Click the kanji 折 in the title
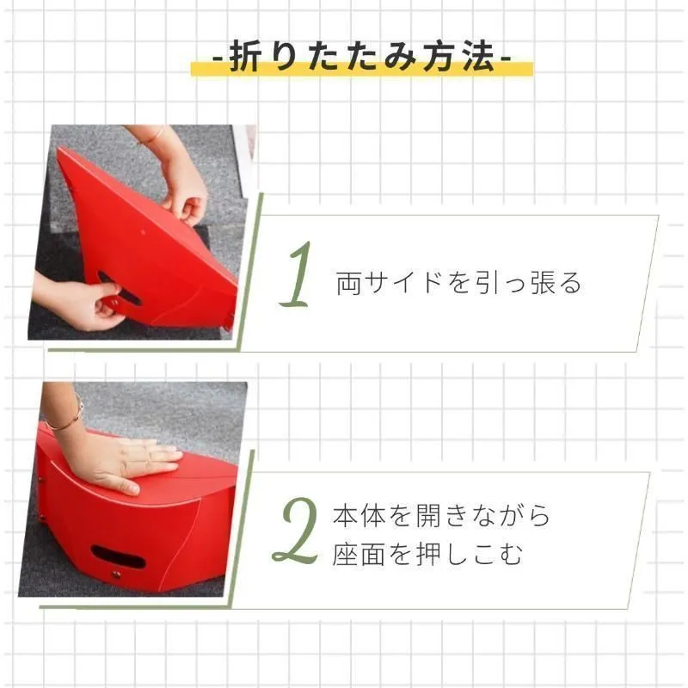click(x=247, y=56)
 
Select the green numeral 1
click(x=297, y=274)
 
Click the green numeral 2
click(x=296, y=531)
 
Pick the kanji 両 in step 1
click(x=348, y=283)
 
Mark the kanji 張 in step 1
click(x=544, y=282)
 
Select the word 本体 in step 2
click(x=359, y=515)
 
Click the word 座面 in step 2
click(x=359, y=554)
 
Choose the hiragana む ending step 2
click(x=509, y=555)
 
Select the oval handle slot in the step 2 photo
click(x=118, y=556)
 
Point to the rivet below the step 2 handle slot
click(x=116, y=574)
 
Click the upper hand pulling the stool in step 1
click(x=185, y=188)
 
